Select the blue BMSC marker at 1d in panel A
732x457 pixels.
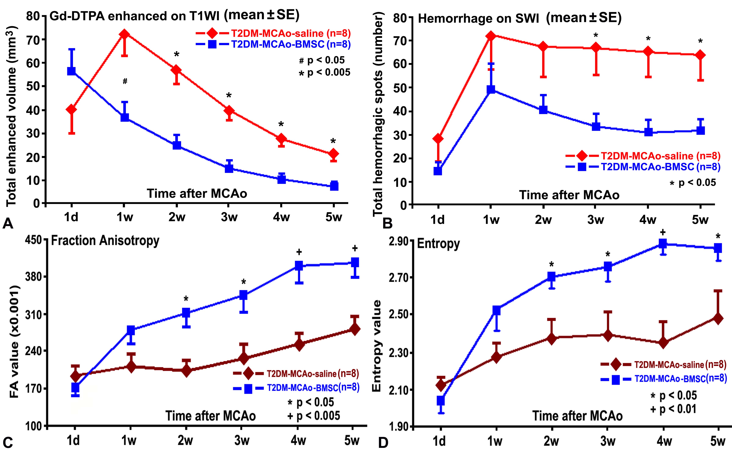tap(71, 71)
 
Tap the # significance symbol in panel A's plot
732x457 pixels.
tap(125, 81)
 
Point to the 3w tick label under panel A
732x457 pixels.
tap(229, 217)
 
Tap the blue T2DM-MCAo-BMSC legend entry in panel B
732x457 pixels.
tap(647, 167)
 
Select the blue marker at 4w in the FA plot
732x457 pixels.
tap(299, 266)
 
